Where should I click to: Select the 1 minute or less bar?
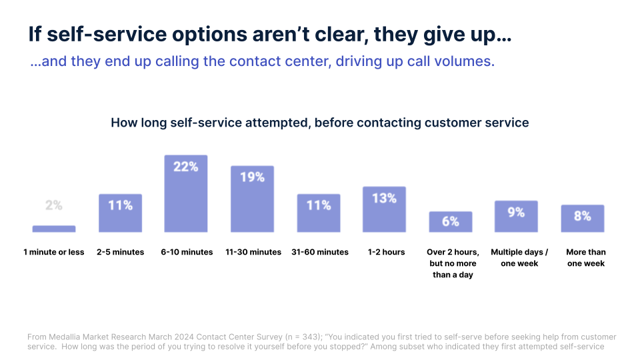click(x=54, y=229)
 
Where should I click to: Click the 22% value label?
click(x=186, y=167)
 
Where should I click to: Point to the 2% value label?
click(x=54, y=205)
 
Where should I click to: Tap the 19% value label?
click(x=252, y=177)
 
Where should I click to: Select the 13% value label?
click(x=384, y=198)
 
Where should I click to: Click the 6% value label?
click(x=450, y=221)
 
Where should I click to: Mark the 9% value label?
click(x=516, y=212)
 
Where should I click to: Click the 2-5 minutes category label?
click(x=121, y=252)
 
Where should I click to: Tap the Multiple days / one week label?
click(x=519, y=257)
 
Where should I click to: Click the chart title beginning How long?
click(x=319, y=123)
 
